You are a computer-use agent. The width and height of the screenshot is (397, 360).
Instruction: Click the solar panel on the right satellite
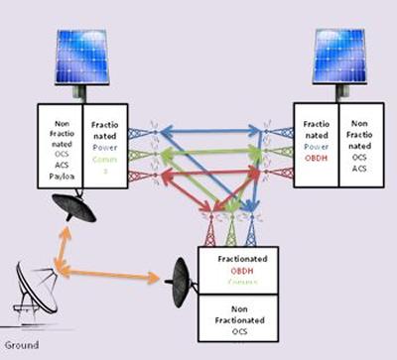click(341, 56)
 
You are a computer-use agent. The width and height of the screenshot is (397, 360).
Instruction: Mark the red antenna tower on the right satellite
click(278, 174)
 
